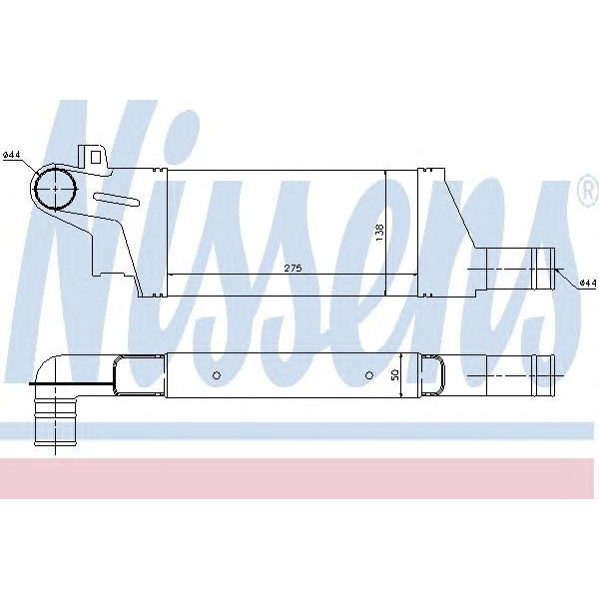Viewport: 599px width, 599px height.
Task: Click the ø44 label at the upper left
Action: tap(12, 155)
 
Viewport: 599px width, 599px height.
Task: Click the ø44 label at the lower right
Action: tap(586, 283)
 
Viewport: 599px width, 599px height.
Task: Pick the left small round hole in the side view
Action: tap(216, 375)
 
